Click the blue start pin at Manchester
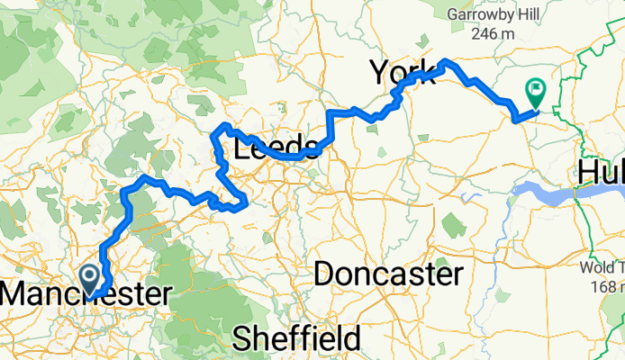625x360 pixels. pyautogui.click(x=91, y=277)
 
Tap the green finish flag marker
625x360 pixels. pyautogui.click(x=535, y=91)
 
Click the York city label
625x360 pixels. pyautogui.click(x=403, y=71)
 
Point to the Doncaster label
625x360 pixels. pyautogui.click(x=389, y=274)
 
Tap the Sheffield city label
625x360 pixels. pyautogui.click(x=296, y=338)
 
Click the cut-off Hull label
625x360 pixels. pyautogui.click(x=601, y=172)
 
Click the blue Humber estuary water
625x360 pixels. pyautogui.click(x=549, y=191)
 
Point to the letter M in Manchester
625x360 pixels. pyautogui.click(x=15, y=294)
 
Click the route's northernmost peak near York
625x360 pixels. pyautogui.click(x=446, y=61)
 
